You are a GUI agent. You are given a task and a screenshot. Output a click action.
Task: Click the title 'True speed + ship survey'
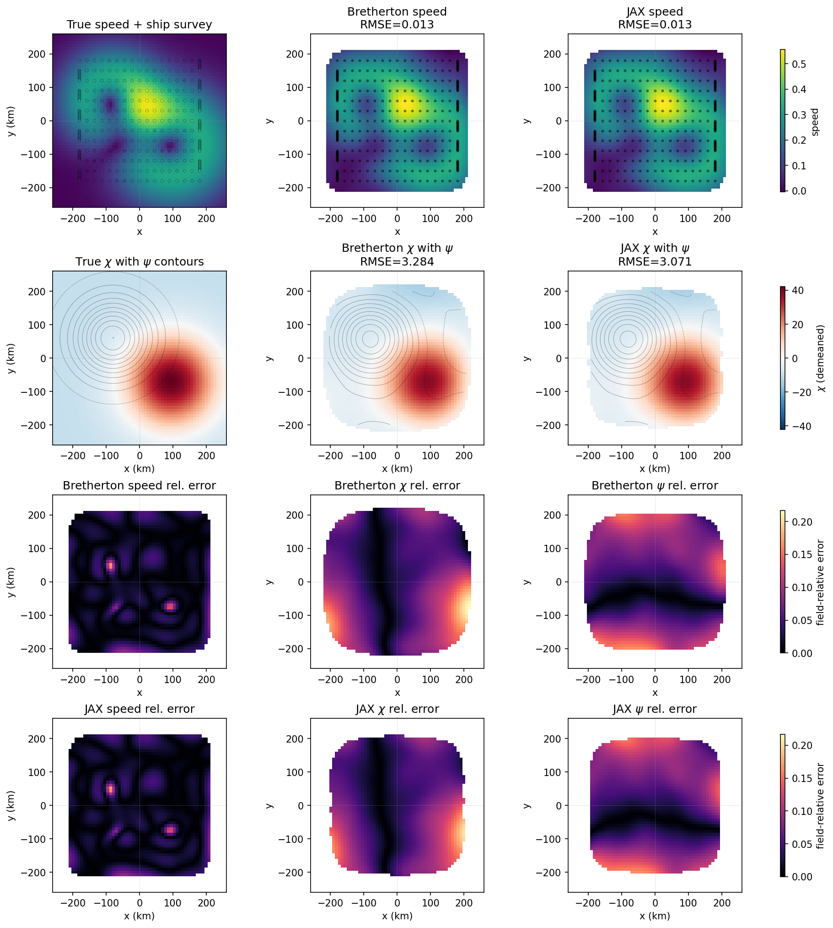139,25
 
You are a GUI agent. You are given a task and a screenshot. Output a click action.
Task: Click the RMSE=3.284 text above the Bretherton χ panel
397,262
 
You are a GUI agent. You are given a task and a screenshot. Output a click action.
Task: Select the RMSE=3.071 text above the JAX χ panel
655,262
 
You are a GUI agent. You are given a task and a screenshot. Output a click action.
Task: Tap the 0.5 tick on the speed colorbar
799,64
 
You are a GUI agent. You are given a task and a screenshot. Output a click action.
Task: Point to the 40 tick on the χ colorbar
797,291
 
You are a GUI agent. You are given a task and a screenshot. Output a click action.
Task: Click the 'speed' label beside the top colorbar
815,122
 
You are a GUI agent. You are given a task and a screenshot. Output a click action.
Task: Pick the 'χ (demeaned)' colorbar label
821,358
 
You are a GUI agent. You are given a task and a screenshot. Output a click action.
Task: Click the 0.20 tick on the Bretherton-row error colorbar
801,522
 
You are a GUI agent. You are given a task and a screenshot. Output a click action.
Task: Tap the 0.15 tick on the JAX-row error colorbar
801,779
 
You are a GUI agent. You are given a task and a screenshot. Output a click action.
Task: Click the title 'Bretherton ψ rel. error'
655,486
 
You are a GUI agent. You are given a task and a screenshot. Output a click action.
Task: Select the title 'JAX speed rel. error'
139,709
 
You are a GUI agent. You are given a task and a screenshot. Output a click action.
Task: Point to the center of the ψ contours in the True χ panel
113,338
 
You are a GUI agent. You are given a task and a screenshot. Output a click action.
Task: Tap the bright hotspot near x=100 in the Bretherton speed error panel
170,606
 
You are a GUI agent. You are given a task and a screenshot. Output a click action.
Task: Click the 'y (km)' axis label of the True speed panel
11,121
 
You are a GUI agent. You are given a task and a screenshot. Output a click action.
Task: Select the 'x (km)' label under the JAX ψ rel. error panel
655,916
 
